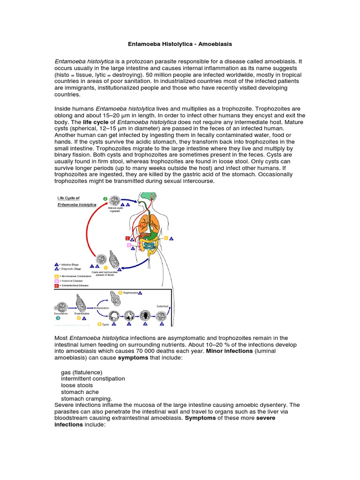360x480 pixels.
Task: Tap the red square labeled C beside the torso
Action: click(x=127, y=238)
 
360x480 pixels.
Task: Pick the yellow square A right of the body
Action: click(x=165, y=238)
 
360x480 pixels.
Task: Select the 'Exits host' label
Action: click(x=162, y=306)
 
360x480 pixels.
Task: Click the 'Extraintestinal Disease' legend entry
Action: click(x=73, y=285)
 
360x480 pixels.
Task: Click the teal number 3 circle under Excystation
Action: click(x=58, y=317)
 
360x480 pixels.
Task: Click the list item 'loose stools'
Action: click(x=77, y=385)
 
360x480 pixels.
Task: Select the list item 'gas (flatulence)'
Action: click(x=82, y=372)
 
